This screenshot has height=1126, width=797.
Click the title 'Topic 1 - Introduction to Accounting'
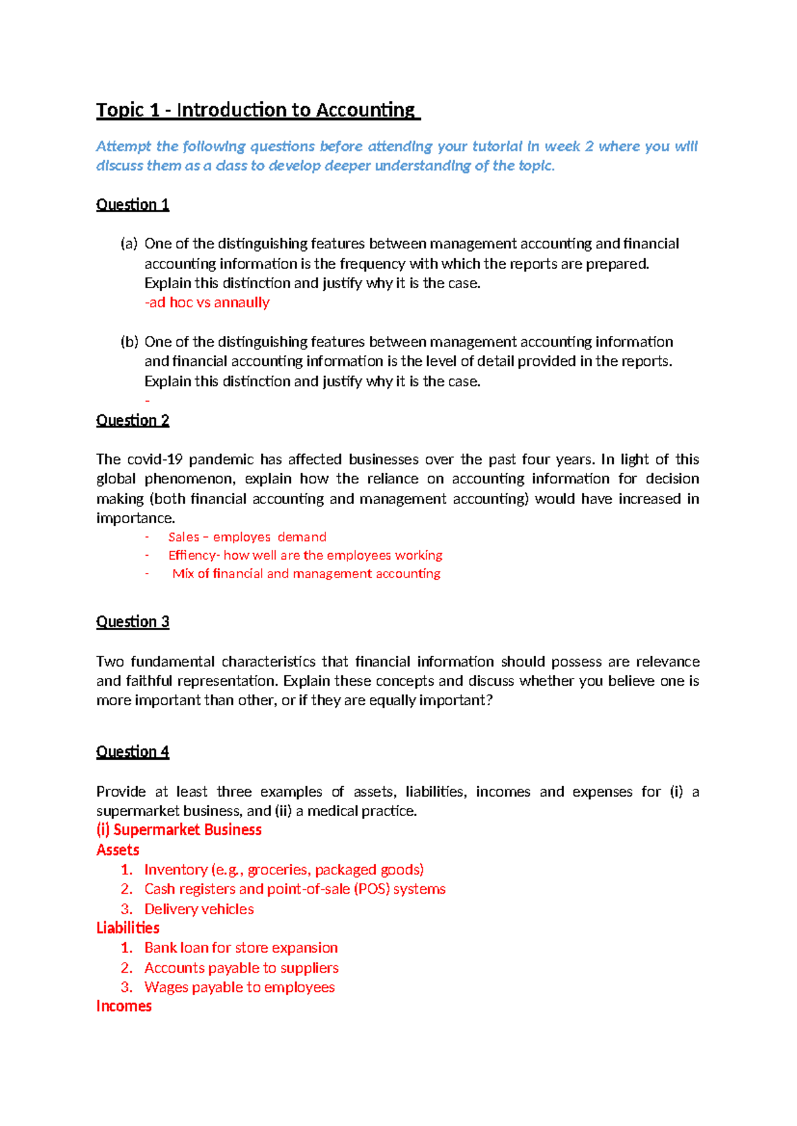coord(258,110)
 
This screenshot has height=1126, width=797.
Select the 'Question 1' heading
coord(133,204)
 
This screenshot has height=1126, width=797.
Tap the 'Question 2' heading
coord(133,420)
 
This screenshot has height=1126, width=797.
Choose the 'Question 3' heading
coord(133,622)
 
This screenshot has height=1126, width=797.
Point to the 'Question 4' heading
coord(133,752)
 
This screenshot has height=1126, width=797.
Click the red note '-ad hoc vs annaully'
coord(207,303)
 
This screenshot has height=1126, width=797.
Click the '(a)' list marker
coord(129,244)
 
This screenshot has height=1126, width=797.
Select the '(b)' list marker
coord(129,342)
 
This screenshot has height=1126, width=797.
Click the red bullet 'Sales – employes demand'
coord(247,537)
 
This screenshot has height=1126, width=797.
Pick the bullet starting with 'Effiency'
coord(305,555)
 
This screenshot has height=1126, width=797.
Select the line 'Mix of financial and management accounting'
coord(306,574)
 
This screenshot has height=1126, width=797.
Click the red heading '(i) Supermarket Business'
coord(179,830)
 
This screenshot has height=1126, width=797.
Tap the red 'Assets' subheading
coord(118,850)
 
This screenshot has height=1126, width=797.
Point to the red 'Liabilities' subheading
coord(128,928)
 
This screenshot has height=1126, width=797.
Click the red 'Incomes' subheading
coord(124,1006)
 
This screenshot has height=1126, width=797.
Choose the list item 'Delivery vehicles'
coord(199,909)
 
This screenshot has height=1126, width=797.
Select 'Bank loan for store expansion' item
coord(241,948)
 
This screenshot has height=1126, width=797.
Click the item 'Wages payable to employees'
coord(240,987)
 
